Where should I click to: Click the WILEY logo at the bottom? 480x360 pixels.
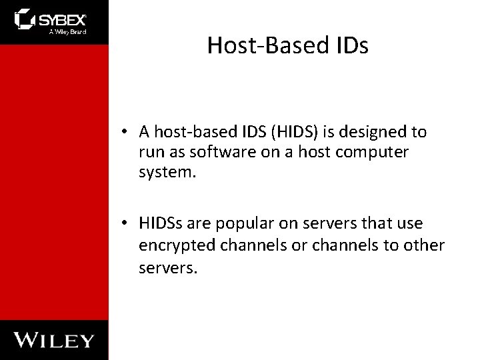click(x=55, y=340)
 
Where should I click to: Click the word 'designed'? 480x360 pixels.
click(x=377, y=132)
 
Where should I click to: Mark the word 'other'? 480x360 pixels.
click(x=424, y=245)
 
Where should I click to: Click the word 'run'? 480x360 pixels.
click(x=151, y=151)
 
